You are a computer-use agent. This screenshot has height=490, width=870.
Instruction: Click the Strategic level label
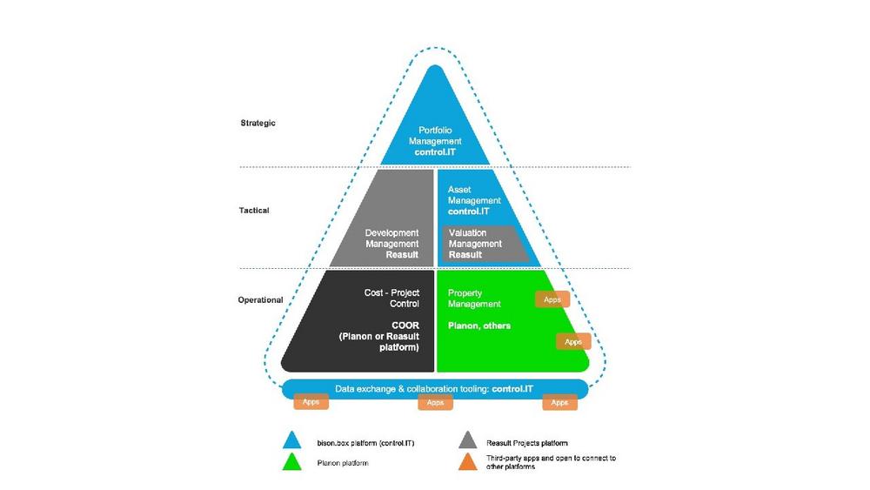[258, 123]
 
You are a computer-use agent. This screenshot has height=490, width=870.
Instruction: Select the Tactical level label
[254, 210]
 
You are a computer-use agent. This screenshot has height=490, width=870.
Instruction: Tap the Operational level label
[260, 300]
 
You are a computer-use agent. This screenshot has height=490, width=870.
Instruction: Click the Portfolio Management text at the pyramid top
[435, 136]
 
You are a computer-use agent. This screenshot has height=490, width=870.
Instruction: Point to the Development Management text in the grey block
[391, 238]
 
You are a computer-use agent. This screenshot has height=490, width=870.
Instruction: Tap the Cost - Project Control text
[391, 299]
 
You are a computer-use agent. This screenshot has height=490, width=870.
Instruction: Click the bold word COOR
[405, 326]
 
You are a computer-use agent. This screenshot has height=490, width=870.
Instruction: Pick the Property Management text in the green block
[474, 299]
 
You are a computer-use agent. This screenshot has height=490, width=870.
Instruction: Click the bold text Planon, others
[478, 326]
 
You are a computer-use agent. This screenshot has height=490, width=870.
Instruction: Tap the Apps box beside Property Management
[552, 299]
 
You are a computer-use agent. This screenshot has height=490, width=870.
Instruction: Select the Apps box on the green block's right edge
[573, 342]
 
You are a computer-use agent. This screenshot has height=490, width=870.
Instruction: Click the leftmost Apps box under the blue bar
[311, 402]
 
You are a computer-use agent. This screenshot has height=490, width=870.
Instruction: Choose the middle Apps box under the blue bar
[435, 402]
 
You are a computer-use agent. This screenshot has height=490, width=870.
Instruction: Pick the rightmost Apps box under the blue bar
[559, 402]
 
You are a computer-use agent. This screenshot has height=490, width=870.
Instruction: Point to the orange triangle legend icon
[469, 460]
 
